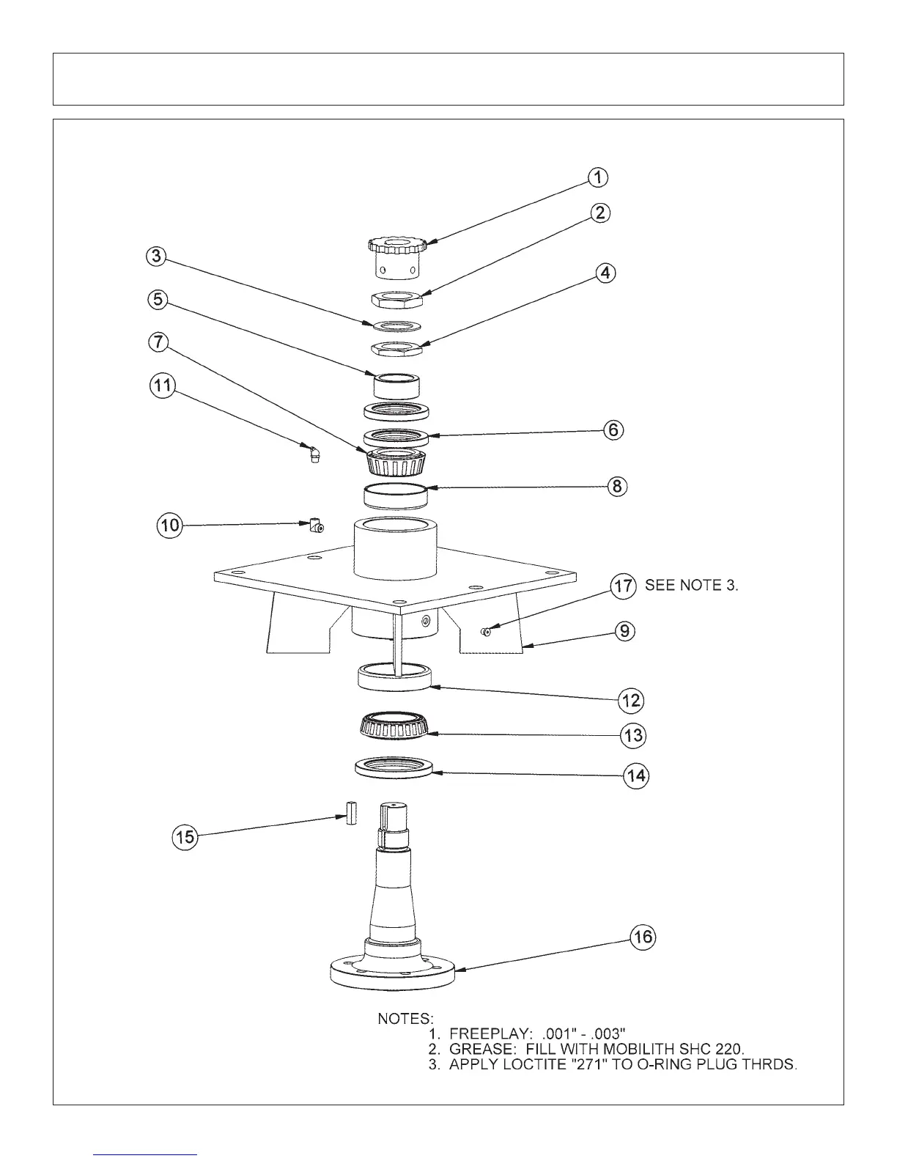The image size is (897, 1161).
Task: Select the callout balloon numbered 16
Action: [x=644, y=937]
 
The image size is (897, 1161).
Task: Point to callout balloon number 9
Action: [x=624, y=631]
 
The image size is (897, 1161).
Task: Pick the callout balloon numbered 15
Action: [x=185, y=836]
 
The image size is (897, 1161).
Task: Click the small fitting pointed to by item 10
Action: [x=316, y=526]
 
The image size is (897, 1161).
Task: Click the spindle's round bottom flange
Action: [x=393, y=972]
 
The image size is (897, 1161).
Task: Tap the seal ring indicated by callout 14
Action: [x=394, y=768]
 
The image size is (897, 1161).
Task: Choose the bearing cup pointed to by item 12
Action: [x=394, y=675]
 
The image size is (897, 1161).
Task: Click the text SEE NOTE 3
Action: [x=691, y=586]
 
